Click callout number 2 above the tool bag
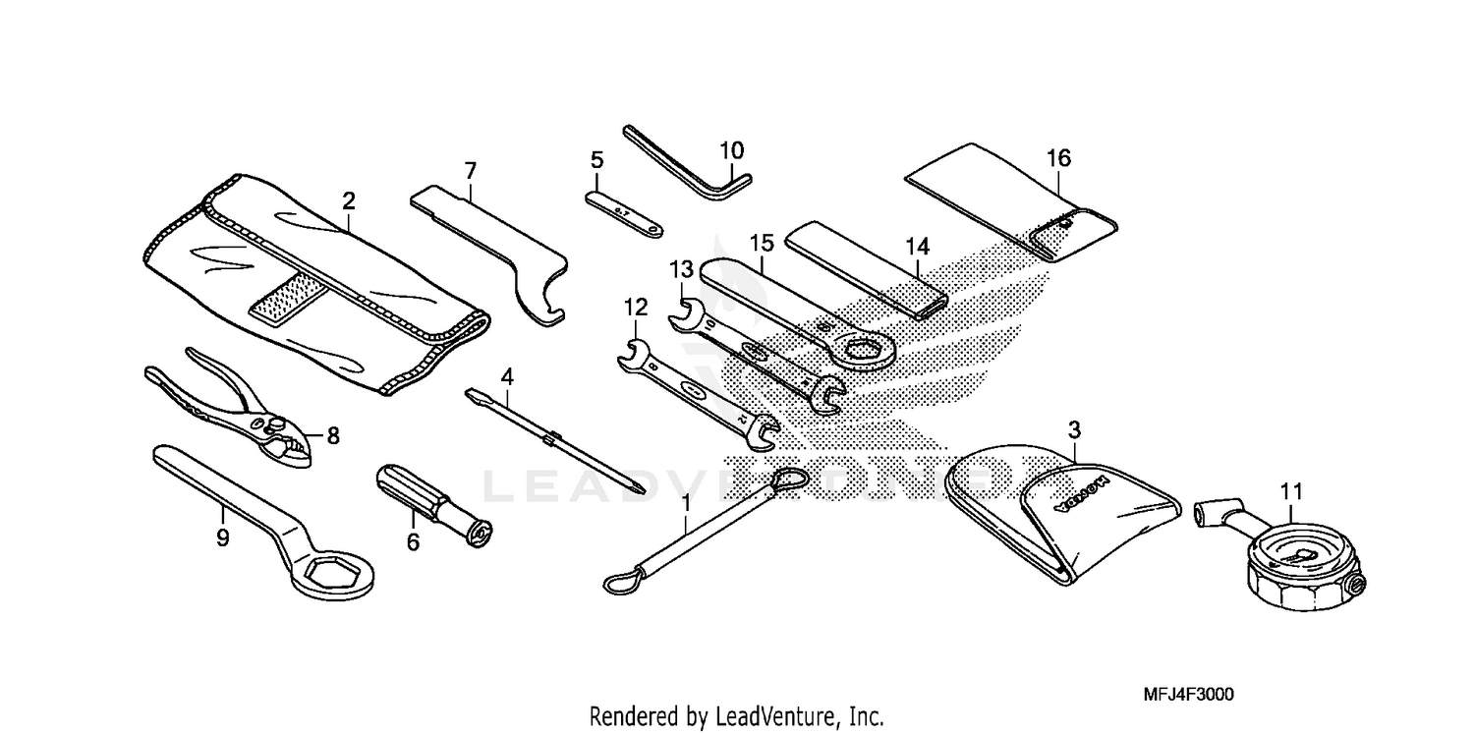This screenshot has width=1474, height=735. [349, 200]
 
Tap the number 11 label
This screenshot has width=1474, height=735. [1290, 489]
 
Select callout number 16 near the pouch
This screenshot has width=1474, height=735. [1058, 158]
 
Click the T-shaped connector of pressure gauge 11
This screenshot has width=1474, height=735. [1210, 514]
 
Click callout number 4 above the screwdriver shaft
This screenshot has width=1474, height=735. [507, 376]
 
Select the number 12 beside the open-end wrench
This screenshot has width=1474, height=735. [636, 308]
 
